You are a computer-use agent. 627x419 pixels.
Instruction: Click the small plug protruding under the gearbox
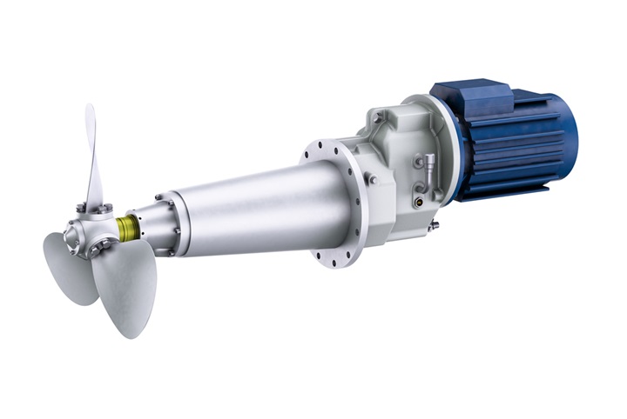433,225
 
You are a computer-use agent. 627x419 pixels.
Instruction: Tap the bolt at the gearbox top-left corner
377,116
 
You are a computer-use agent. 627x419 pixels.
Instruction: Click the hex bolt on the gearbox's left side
371,180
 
